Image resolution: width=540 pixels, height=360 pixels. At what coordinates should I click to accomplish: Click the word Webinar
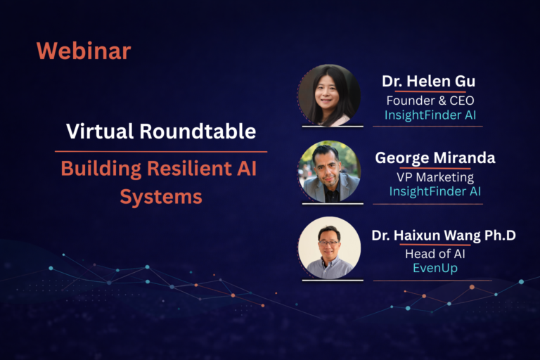pos(83,51)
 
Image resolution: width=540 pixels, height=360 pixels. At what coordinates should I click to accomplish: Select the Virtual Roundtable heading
pos(161,131)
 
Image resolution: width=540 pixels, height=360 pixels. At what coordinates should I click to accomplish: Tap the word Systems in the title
pos(161,197)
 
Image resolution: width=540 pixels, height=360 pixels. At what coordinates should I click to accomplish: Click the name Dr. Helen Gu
pos(428,81)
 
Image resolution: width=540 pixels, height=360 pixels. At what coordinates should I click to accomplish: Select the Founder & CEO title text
pos(430,100)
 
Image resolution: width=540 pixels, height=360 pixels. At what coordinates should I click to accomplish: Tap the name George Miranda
pos(435,158)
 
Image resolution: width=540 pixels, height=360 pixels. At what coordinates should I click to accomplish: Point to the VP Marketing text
pos(435,177)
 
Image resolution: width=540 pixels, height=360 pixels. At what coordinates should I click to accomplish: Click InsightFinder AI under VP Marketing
pos(435,191)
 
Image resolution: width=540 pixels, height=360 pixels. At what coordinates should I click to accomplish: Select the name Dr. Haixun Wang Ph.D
pos(444,236)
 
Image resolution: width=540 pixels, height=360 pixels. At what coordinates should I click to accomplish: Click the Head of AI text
pos(435,255)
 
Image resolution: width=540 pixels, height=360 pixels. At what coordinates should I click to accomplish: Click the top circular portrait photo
pos(329,96)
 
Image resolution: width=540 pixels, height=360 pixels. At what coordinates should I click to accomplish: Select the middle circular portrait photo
pos(329,172)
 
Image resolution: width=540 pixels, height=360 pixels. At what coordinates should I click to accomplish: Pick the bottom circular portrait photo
pos(329,247)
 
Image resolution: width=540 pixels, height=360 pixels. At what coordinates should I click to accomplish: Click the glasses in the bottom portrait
pos(329,241)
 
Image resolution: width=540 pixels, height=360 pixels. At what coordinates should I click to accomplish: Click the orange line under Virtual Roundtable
pos(161,151)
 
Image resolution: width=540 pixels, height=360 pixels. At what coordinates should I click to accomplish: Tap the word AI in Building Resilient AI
pos(248,169)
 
